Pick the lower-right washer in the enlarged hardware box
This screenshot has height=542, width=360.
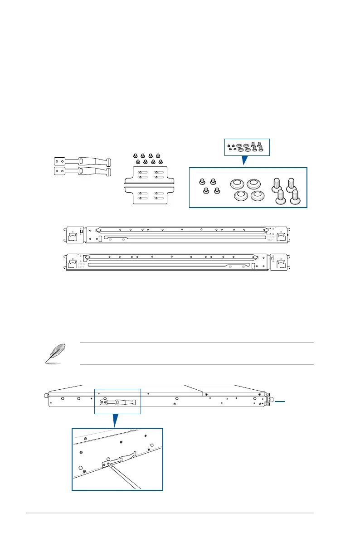coord(257,196)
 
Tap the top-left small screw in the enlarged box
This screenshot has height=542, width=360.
coord(203,182)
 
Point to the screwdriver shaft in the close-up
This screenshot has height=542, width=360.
coord(125,476)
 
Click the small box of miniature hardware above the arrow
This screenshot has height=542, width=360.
coord(247,146)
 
